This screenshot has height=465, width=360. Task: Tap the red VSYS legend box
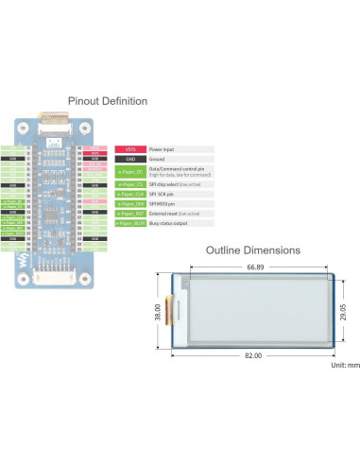pyautogui.click(x=129, y=149)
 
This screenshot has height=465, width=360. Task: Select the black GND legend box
pyautogui.click(x=129, y=161)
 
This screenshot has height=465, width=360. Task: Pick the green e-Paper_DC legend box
pyautogui.click(x=129, y=172)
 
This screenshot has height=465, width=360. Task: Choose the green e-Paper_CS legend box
pyautogui.click(x=129, y=183)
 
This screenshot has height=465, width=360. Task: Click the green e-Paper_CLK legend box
pyautogui.click(x=129, y=194)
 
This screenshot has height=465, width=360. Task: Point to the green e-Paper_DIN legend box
pyautogui.click(x=129, y=204)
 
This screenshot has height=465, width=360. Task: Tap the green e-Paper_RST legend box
pyautogui.click(x=129, y=214)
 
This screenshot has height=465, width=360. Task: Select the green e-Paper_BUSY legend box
pyautogui.click(x=129, y=224)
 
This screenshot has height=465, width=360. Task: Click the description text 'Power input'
pyautogui.click(x=163, y=149)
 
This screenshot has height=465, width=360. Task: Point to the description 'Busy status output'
pyautogui.click(x=169, y=224)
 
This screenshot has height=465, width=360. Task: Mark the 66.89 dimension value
pyautogui.click(x=255, y=268)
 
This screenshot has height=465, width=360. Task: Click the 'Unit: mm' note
pyautogui.click(x=344, y=364)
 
